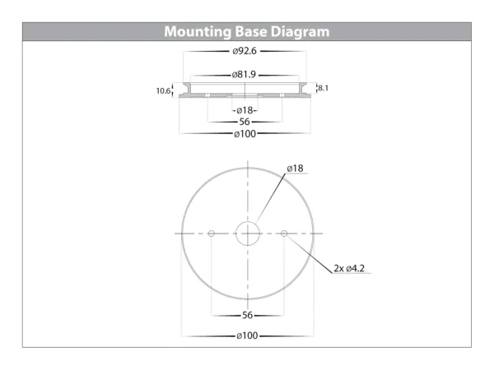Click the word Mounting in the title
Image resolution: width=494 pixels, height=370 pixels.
(198, 32)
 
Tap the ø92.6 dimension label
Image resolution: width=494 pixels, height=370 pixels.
(245, 51)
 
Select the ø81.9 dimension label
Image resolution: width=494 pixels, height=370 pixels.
(244, 75)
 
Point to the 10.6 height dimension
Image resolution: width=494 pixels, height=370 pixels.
(163, 91)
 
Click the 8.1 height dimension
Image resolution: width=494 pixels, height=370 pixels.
(323, 88)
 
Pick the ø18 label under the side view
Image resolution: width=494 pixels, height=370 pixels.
(245, 110)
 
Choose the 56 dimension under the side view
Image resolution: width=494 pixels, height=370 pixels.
(245, 122)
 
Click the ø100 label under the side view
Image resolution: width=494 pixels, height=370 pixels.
(245, 134)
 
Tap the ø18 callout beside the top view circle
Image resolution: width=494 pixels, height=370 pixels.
(296, 169)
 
